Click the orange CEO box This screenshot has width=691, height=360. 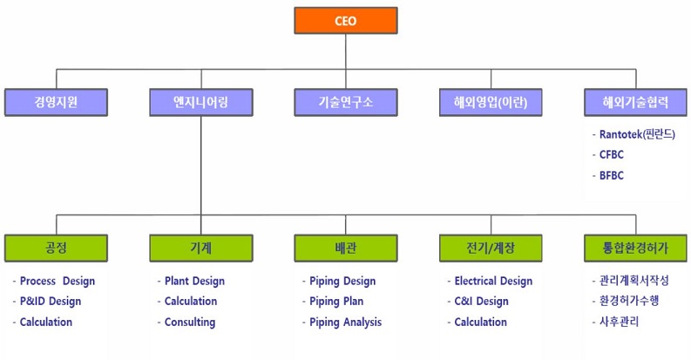[345, 20]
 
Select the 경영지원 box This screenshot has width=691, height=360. [56, 102]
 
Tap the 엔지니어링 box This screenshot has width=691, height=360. [200, 102]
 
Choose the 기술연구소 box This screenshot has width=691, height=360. [345, 102]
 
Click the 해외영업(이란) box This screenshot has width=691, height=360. [491, 102]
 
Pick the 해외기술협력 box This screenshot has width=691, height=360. [635, 102]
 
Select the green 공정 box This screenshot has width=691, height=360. [56, 248]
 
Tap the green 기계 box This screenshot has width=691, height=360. [200, 248]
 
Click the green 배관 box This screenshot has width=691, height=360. [345, 248]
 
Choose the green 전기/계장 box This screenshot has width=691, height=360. [491, 248]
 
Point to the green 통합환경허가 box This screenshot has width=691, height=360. [635, 248]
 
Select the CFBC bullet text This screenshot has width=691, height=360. [612, 154]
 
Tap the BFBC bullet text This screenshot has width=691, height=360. [612, 175]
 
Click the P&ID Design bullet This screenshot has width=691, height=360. [50, 302]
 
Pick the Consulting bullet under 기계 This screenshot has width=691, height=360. [189, 323]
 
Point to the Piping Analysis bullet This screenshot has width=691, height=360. [345, 323]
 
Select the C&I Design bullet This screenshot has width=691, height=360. [481, 302]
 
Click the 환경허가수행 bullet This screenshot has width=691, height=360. [629, 302]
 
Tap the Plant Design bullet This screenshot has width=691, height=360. [194, 281]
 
